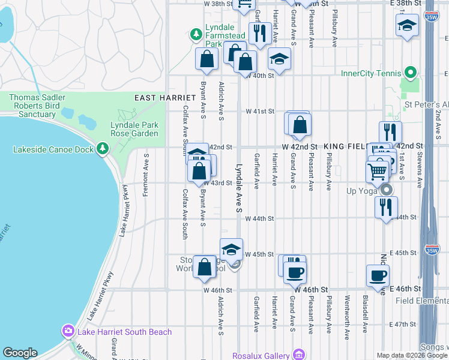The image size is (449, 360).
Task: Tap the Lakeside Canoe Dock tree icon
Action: pyautogui.click(x=103, y=147)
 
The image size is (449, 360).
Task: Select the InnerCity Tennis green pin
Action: pyautogui.click(x=410, y=74)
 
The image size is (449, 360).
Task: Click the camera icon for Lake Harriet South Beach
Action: pyautogui.click(x=68, y=331)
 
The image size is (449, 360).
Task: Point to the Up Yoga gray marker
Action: pyautogui.click(x=387, y=191)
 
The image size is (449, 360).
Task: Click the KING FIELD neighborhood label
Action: pyautogui.click(x=346, y=146)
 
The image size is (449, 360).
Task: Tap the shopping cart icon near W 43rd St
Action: pyautogui.click(x=377, y=171)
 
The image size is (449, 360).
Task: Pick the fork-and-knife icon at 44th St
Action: pyautogui.click(x=385, y=206)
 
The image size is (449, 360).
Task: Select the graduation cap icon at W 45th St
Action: pyautogui.click(x=231, y=249)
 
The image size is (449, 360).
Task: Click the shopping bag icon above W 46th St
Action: pyautogui.click(x=205, y=266)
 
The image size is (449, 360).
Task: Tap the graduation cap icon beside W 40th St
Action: pyautogui.click(x=279, y=59)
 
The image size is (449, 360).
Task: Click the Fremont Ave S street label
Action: pyautogui.click(x=146, y=175)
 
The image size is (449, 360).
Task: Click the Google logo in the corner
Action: pyautogui.click(x=20, y=353)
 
